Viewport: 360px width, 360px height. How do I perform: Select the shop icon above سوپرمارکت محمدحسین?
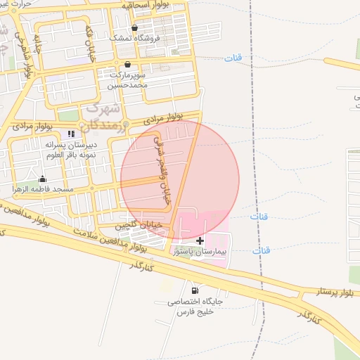[x=127, y=64]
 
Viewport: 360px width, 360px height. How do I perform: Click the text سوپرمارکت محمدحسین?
[x=127, y=79]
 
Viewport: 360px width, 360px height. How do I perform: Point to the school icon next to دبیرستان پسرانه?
[x=70, y=134]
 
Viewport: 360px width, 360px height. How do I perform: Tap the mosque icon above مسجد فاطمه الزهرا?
[x=42, y=179]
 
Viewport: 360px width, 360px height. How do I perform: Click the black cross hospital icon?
[x=200, y=240]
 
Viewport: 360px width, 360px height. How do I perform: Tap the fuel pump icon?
[x=194, y=290]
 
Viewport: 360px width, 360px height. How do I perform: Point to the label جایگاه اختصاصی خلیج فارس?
[x=195, y=306]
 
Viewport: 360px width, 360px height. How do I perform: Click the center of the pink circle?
[x=180, y=180]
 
